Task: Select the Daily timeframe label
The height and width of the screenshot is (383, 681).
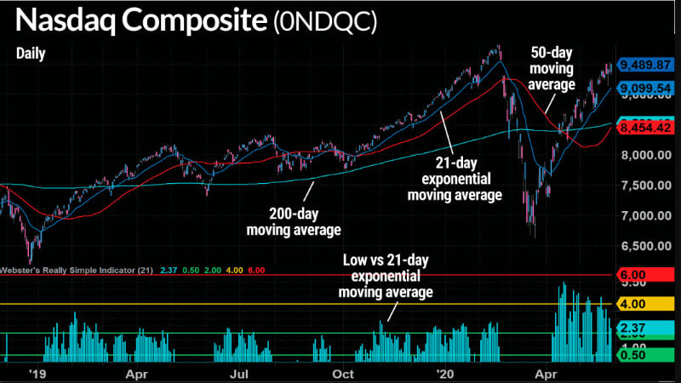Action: pos(31,54)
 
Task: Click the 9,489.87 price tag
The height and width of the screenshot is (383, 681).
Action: pos(646,65)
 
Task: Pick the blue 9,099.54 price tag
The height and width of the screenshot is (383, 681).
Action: pos(646,88)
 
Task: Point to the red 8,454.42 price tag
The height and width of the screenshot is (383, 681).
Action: pos(646,128)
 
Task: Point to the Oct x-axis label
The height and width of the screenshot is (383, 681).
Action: pos(343,373)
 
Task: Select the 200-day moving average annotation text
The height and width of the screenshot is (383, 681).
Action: pos(294,222)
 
